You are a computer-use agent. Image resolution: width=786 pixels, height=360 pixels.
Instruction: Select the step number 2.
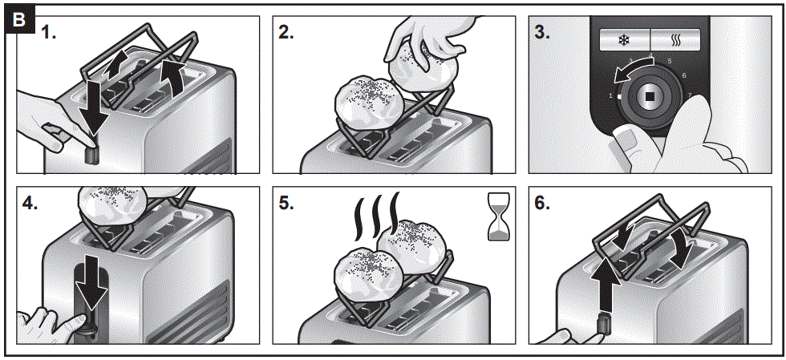pos(286,33)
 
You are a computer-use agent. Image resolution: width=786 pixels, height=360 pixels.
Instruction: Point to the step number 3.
pos(543,33)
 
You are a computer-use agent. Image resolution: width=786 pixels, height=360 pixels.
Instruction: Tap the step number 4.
pos(31,204)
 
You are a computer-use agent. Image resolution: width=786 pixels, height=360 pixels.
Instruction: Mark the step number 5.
pos(286,204)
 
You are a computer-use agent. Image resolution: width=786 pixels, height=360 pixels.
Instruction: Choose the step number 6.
pos(543,204)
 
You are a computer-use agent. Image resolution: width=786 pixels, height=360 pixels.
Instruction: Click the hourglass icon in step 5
pos(498,216)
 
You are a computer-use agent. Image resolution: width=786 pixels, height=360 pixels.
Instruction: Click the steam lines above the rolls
pos(375,216)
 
